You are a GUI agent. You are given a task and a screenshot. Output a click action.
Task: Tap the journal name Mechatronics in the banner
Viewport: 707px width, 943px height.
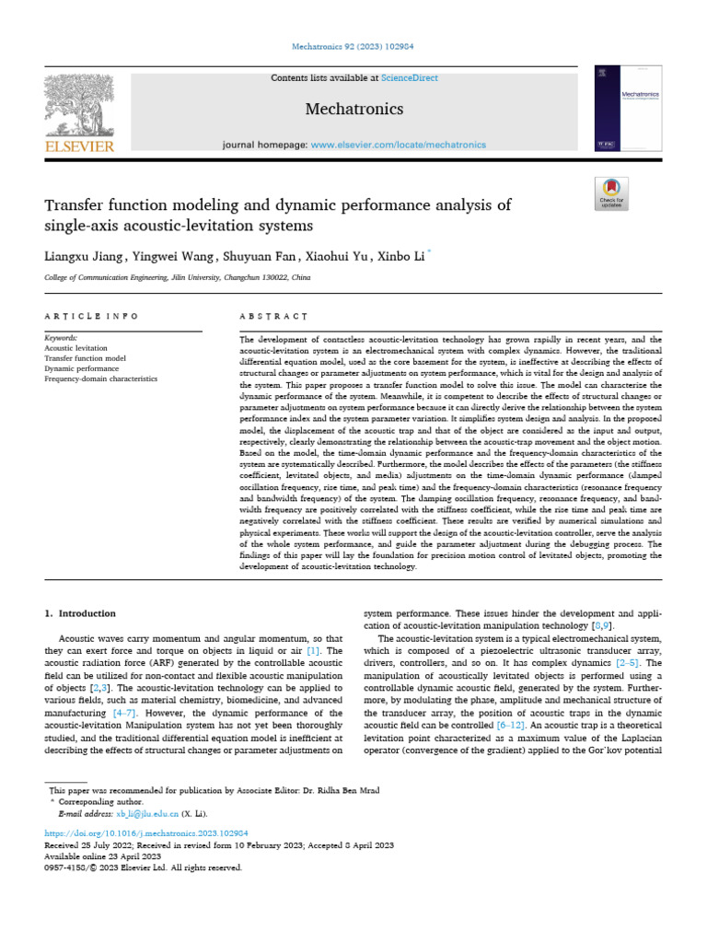(353, 110)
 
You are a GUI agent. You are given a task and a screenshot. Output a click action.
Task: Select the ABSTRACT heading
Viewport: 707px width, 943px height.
(272, 316)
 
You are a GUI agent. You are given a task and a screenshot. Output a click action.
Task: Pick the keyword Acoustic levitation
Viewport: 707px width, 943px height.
(75, 348)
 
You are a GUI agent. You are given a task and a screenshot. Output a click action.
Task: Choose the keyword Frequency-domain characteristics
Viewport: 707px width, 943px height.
(100, 378)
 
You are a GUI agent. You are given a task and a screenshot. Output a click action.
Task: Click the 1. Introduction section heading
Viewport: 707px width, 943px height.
(81, 613)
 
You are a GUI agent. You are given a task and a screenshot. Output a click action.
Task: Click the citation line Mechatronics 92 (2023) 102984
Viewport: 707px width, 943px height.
(353, 43)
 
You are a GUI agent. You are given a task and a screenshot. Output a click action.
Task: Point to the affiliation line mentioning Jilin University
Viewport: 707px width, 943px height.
(178, 277)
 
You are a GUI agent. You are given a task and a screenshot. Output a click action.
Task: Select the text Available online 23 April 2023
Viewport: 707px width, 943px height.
(102, 856)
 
